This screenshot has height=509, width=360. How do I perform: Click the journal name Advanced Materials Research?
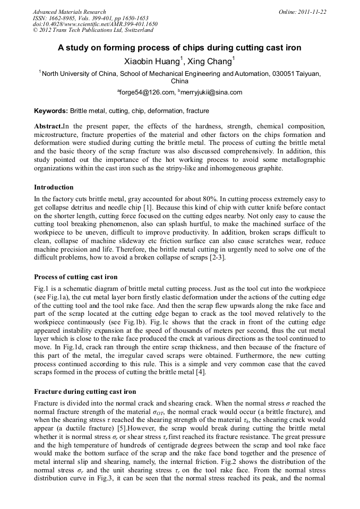click(x=69, y=12)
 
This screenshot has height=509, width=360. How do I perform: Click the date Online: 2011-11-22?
click(x=302, y=12)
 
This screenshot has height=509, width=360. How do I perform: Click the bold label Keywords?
click(x=51, y=111)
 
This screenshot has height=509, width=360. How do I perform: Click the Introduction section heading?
click(x=54, y=187)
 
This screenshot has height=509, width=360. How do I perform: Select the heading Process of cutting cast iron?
click(x=75, y=277)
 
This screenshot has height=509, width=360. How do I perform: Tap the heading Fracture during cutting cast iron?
click(x=85, y=392)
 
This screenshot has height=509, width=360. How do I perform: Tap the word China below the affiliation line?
click(x=179, y=82)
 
